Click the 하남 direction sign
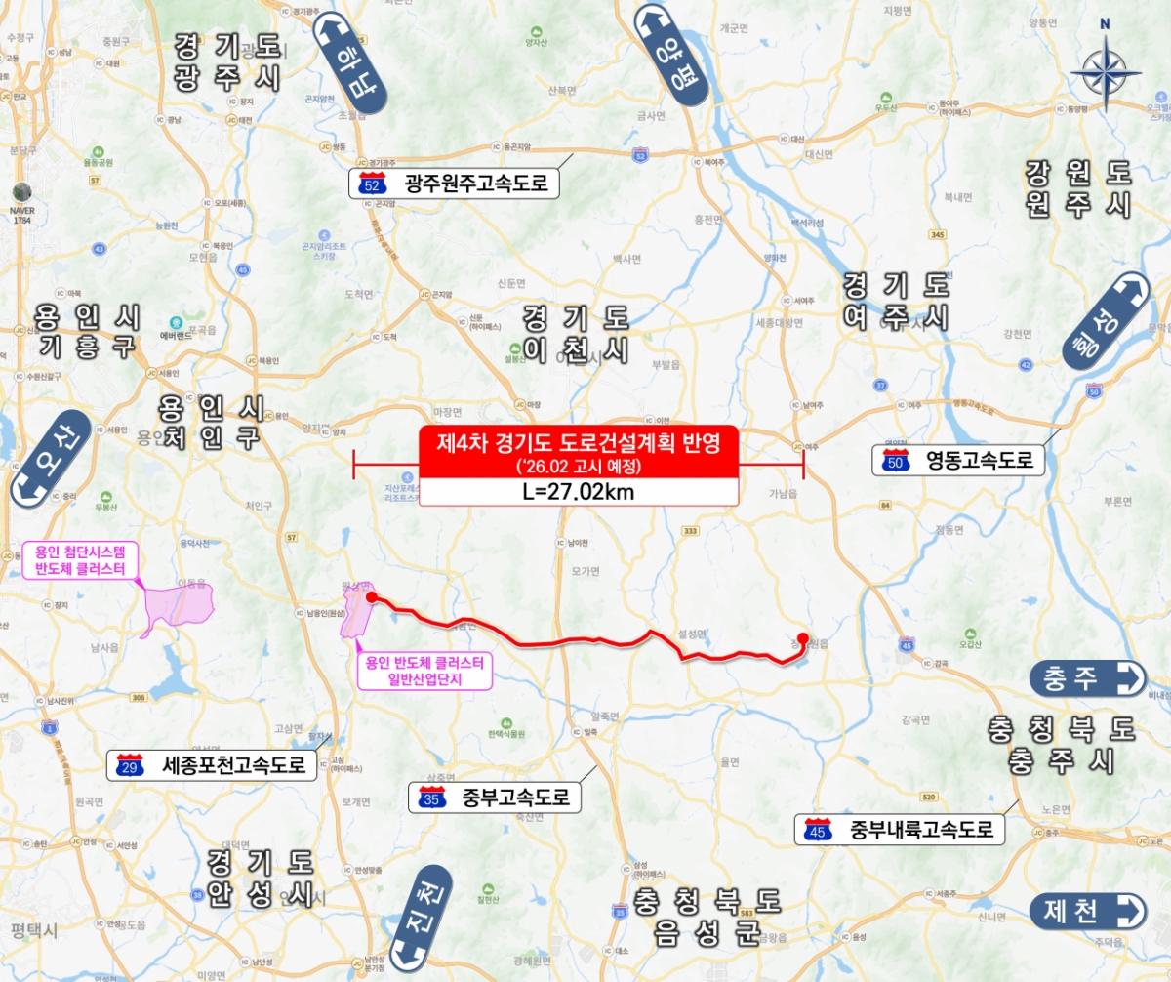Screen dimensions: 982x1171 tap(351, 63)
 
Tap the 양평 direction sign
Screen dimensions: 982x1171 tap(674, 53)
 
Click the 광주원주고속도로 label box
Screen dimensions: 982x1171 tap(455, 183)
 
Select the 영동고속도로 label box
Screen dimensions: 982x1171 tap(958, 461)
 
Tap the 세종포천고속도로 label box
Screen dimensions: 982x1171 tap(212, 765)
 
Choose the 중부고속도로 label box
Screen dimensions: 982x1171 tap(496, 798)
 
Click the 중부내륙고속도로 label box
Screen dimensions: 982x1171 tap(901, 830)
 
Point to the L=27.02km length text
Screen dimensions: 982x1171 tap(579, 492)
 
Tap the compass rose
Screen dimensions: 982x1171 tap(1106, 71)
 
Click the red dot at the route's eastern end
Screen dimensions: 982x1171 tap(802, 639)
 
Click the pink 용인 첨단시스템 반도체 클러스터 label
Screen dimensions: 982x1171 tap(81, 561)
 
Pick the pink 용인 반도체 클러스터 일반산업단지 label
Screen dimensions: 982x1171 tap(425, 671)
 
